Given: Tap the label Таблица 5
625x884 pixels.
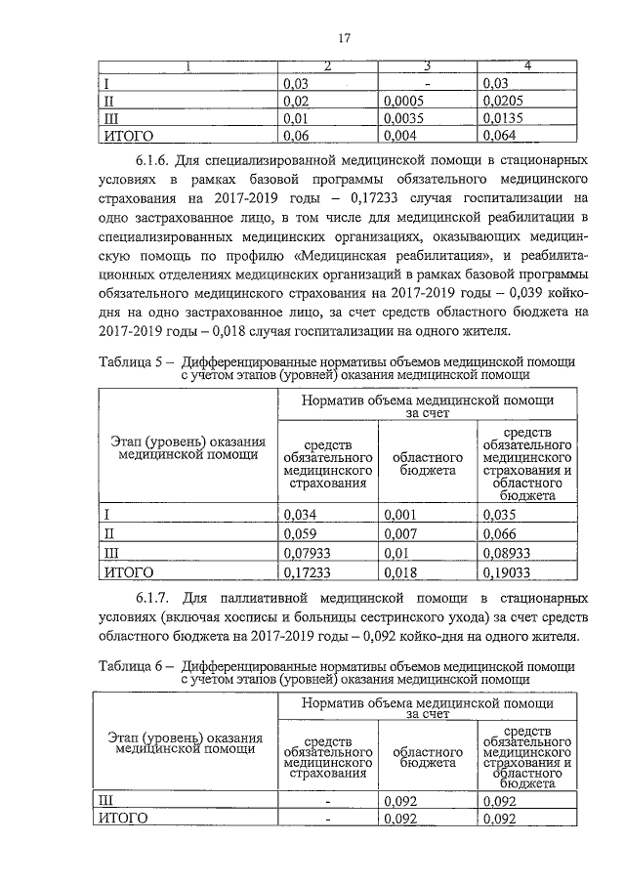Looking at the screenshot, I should [x=133, y=361].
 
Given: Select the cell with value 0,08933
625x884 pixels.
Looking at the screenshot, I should [x=506, y=553].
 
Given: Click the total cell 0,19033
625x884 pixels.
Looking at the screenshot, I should [x=506, y=571].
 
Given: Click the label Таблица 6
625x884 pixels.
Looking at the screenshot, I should [x=133, y=665].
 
